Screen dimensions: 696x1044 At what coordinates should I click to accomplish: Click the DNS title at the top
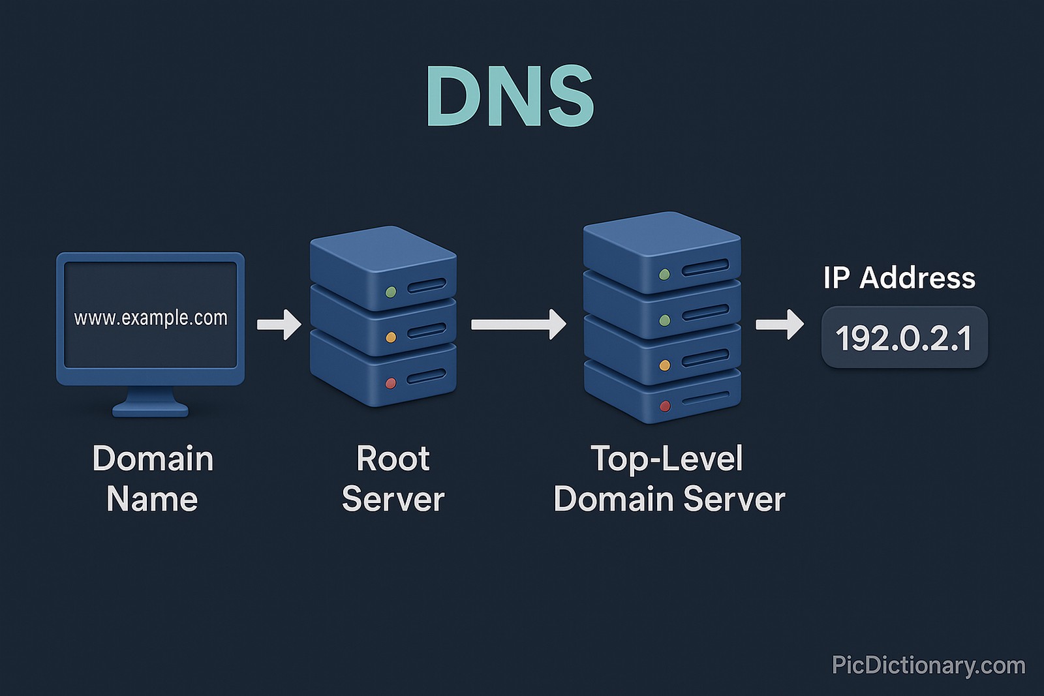(x=510, y=97)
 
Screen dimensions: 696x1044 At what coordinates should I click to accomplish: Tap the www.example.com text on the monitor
(x=151, y=318)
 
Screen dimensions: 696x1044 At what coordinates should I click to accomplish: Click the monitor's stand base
(x=150, y=409)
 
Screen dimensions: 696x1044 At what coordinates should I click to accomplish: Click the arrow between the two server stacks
(x=519, y=324)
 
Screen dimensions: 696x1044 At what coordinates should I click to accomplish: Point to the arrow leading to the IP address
(x=780, y=324)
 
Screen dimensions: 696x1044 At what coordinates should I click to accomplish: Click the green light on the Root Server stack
(x=391, y=292)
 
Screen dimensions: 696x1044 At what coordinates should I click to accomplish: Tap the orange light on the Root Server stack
(x=391, y=337)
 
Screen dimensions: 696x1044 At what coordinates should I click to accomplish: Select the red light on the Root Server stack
(x=391, y=383)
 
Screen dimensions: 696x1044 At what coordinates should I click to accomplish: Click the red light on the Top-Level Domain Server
(x=665, y=406)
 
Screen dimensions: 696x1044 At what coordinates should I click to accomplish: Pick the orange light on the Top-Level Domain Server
(x=665, y=365)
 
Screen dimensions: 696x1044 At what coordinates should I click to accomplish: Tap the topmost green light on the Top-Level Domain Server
(x=664, y=275)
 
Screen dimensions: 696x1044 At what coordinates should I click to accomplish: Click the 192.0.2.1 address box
(x=904, y=338)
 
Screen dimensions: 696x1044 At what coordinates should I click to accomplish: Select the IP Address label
(x=899, y=278)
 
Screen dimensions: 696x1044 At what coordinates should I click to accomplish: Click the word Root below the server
(x=393, y=459)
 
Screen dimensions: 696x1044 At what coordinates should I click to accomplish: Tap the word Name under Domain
(x=152, y=500)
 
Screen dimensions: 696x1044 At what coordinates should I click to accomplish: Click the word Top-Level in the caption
(x=666, y=459)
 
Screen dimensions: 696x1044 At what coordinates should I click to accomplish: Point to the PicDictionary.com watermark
(x=929, y=665)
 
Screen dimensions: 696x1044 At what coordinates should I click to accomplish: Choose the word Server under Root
(x=393, y=500)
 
